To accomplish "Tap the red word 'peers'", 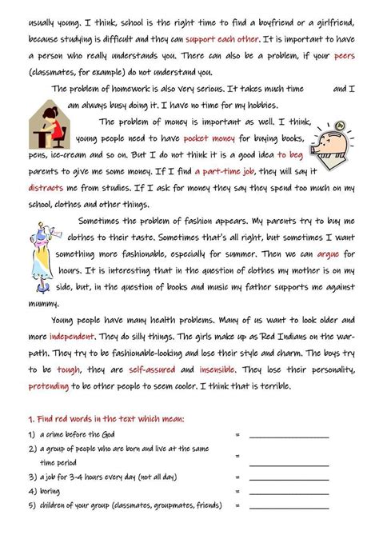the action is tap(343, 54).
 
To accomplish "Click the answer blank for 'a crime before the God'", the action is tap(289, 437).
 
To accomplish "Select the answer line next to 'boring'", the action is tap(289, 490).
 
